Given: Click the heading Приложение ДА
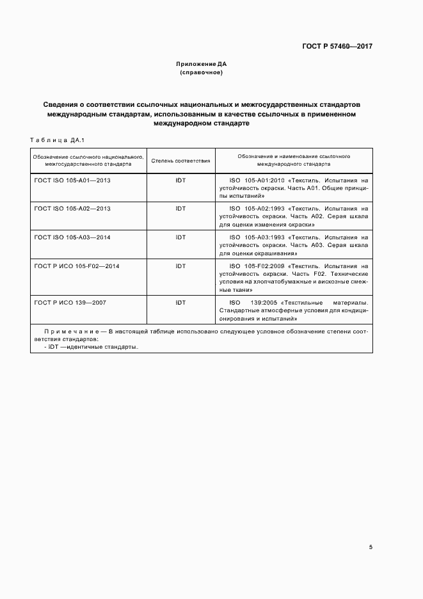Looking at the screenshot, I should click(201, 65).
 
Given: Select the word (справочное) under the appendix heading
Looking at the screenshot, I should click(201, 72).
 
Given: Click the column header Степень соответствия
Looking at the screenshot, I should click(180, 160).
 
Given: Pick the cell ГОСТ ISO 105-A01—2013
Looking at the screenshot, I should click(72, 180).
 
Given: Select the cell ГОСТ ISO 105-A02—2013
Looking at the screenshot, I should click(72, 209).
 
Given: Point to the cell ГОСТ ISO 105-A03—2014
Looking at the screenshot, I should click(72, 237).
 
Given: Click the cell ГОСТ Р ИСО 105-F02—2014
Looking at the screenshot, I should click(77, 266).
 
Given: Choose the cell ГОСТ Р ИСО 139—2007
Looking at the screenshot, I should click(70, 302).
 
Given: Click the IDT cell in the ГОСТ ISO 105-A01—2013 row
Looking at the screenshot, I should click(180, 180).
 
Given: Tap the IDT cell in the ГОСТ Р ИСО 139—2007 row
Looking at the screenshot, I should click(180, 302).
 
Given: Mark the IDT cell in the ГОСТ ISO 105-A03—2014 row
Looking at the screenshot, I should click(180, 237).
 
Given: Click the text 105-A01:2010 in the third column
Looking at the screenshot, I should click(264, 180).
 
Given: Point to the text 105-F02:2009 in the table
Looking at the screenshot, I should click(264, 266).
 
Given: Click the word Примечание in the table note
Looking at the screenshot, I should click(70, 331).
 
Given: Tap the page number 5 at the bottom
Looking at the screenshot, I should click(371, 547).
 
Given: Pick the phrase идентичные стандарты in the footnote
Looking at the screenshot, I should click(111, 346).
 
